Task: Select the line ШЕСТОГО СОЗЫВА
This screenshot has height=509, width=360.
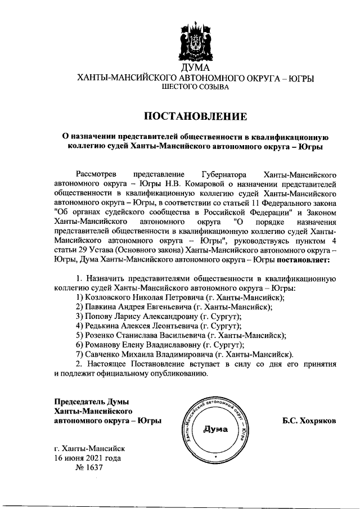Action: click(195, 88)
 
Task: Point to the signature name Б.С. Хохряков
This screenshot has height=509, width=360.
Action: click(310, 421)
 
